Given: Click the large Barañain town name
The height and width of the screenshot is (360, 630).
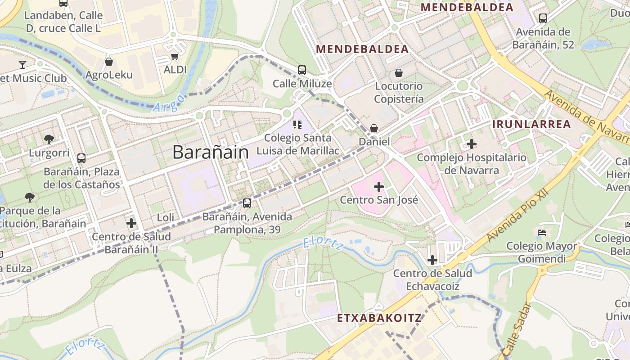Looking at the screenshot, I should coord(211,152).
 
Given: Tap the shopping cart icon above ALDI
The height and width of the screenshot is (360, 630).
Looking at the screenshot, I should coord(175,57).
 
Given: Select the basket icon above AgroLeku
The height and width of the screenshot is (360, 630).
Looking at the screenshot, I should coord(108,62).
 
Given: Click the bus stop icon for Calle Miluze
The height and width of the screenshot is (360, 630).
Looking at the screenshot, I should coord(302,70).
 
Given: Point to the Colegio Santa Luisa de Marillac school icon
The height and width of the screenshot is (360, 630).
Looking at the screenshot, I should coord(297,124).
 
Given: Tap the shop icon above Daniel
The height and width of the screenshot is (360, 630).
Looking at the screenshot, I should coord(374,129).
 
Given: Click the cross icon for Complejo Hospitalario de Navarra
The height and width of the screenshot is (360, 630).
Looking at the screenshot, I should coord(471,144).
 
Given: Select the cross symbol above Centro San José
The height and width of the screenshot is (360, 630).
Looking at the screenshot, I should coord(379,187).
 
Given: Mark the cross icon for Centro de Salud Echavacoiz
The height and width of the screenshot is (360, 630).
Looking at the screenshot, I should coord(432,260).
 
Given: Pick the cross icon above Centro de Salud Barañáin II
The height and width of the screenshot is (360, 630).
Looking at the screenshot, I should coord(131,223).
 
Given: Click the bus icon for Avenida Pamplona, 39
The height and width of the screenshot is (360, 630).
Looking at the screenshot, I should coord(247,203).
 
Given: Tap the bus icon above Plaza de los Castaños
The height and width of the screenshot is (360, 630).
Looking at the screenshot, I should coord(81,158).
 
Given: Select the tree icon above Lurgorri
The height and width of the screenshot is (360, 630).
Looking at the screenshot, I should coord(49,139).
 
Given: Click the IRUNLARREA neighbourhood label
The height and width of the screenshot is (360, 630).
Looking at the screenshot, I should coord(531,124).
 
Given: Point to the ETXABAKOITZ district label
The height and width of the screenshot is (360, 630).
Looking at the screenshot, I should coord(379,318).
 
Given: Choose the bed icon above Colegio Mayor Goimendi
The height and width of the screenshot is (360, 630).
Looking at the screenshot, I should coord(542,233).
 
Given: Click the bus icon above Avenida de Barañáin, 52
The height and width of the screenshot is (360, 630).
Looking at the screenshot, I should coord(543,18).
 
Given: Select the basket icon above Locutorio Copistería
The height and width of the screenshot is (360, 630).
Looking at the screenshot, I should coord(398,73).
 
